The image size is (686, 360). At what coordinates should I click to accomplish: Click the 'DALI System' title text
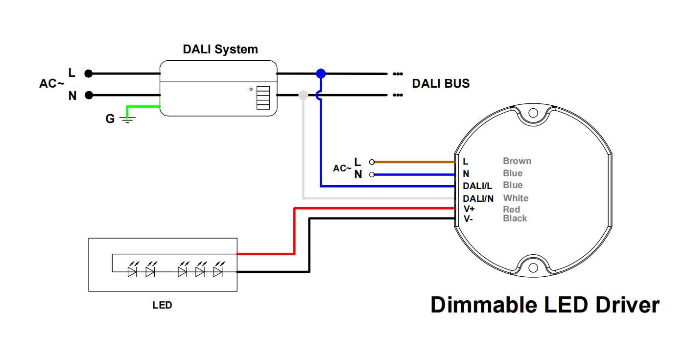tap(220, 49)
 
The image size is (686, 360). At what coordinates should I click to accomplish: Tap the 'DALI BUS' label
tap(440, 84)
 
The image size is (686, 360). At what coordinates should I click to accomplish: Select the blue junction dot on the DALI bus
tap(320, 73)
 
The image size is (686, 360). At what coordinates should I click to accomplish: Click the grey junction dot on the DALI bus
tap(303, 95)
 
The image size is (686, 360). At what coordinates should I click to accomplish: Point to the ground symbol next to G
tap(127, 119)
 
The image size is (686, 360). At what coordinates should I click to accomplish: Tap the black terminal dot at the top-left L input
tap(88, 73)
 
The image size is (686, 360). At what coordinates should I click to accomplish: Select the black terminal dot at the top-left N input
tap(88, 95)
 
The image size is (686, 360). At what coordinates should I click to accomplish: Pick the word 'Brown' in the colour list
tap(517, 161)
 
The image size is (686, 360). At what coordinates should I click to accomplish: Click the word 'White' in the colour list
tap(516, 198)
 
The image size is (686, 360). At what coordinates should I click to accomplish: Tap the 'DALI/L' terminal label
tap(477, 186)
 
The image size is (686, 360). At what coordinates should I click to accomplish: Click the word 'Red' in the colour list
tap(511, 210)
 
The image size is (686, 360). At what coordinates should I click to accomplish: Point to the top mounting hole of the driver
tap(533, 113)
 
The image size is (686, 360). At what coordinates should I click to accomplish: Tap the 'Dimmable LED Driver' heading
tap(544, 305)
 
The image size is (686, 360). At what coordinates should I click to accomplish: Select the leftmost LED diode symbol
tap(132, 271)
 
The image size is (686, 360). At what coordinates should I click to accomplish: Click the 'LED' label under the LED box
tap(162, 306)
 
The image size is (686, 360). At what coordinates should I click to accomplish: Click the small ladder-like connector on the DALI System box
tap(263, 98)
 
